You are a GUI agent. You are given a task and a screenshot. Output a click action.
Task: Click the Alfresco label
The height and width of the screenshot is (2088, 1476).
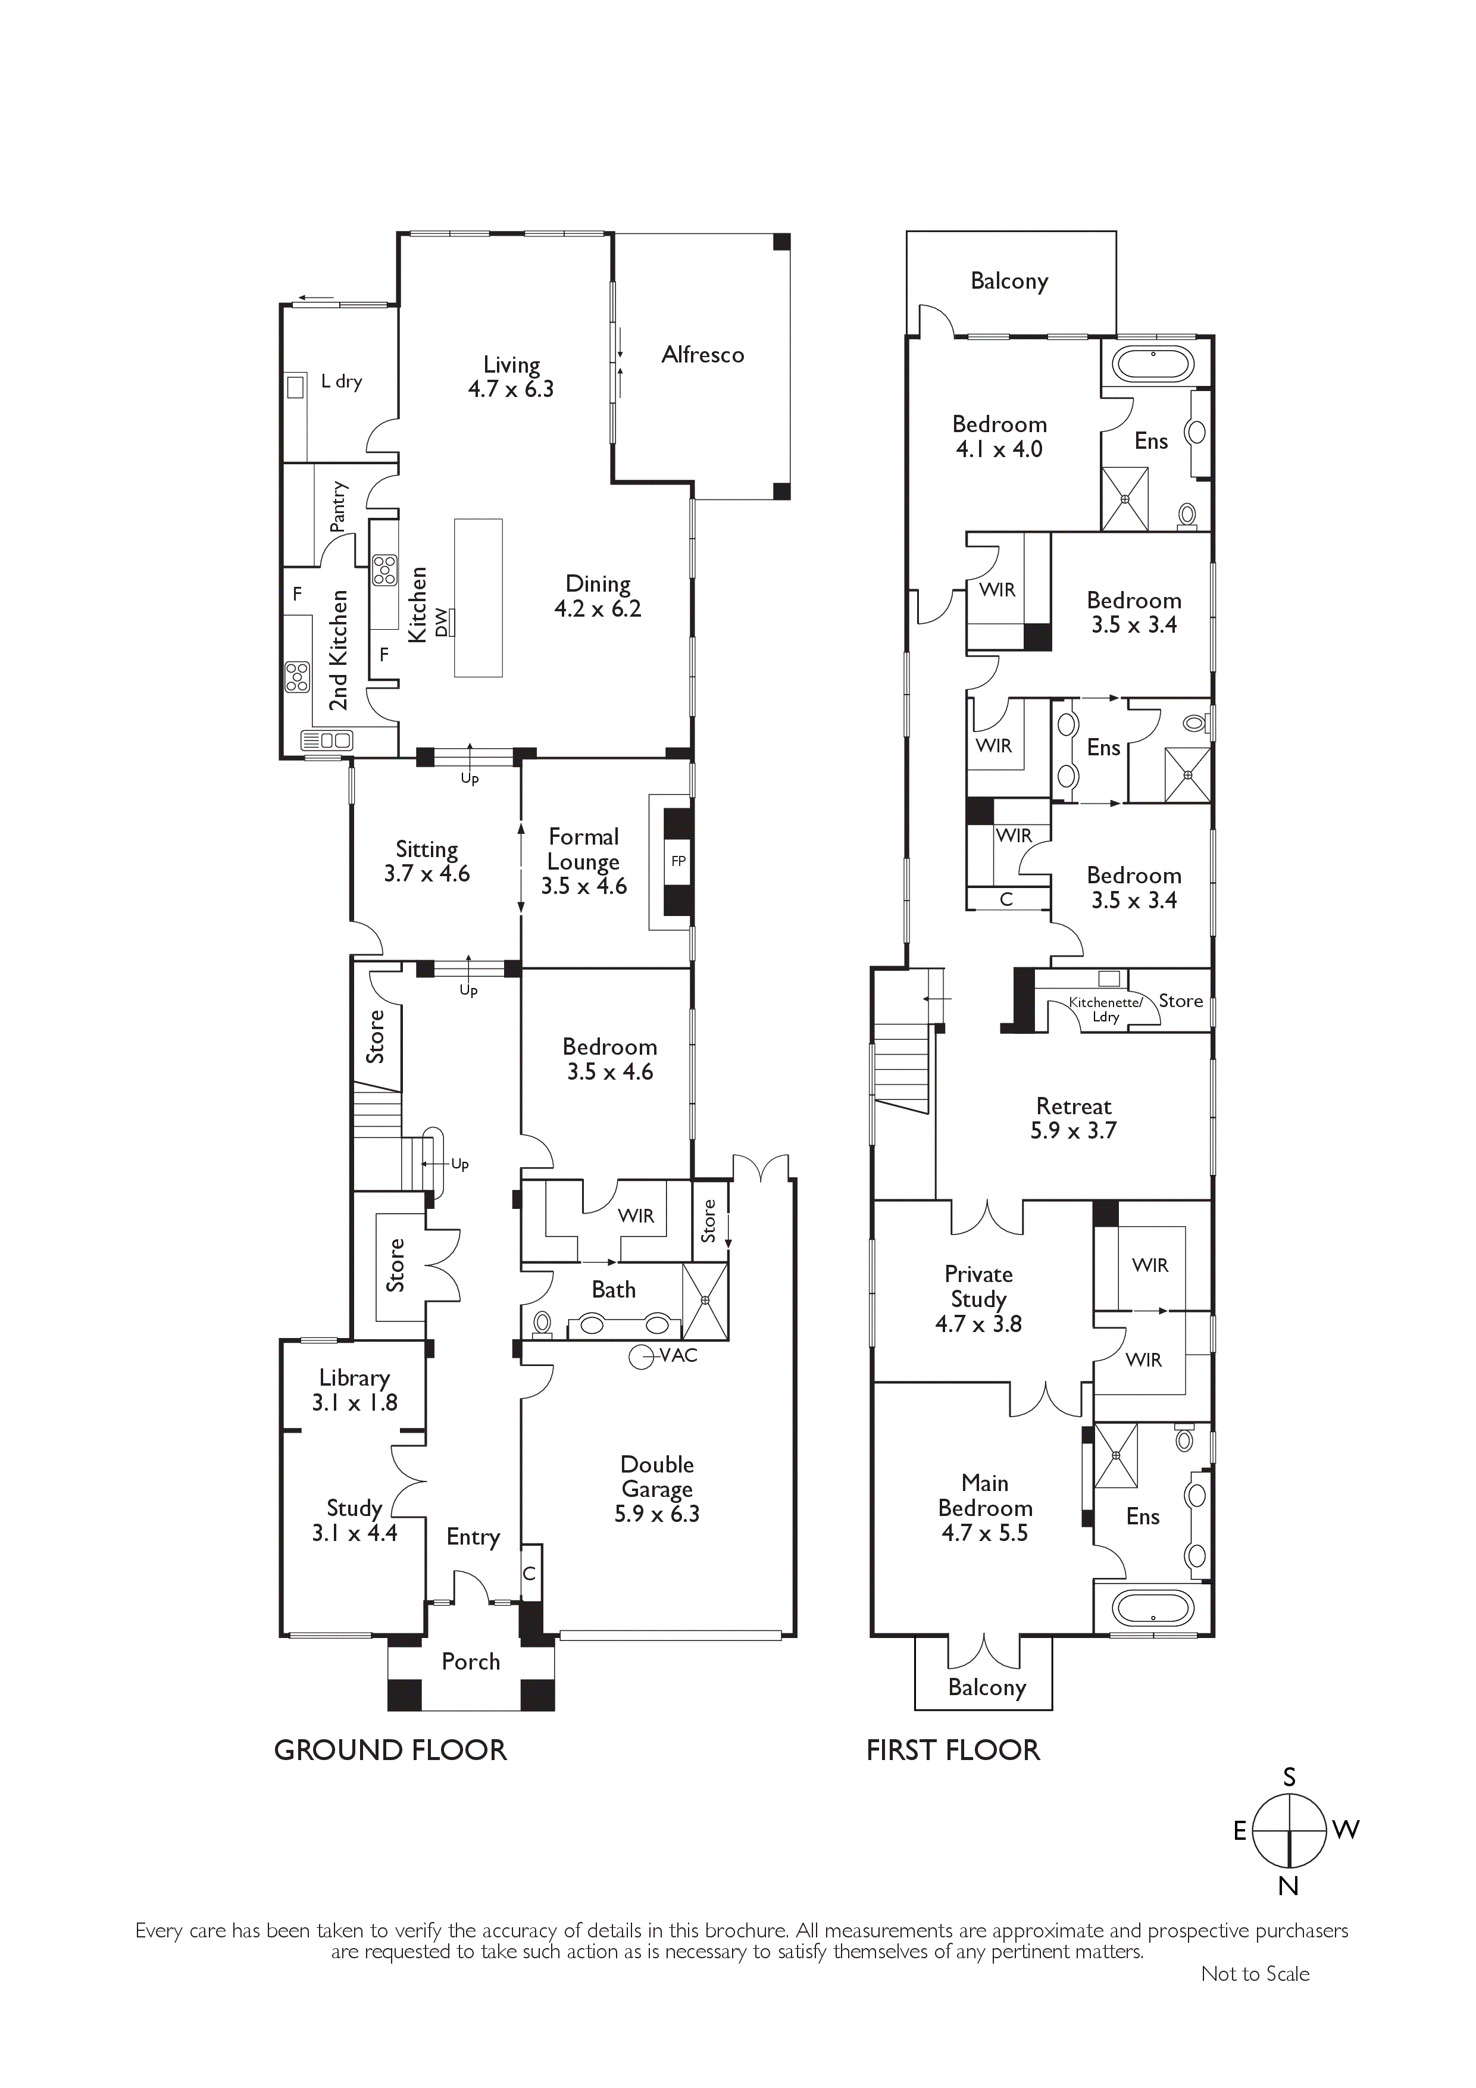pyautogui.click(x=703, y=355)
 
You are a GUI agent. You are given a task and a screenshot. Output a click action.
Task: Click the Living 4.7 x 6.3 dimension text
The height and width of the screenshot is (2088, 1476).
pyautogui.click(x=511, y=389)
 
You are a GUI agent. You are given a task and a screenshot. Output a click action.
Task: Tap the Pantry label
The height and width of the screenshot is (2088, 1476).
pyautogui.click(x=338, y=507)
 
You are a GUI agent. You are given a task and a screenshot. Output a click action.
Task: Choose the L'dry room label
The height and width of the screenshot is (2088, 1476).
pyautogui.click(x=342, y=382)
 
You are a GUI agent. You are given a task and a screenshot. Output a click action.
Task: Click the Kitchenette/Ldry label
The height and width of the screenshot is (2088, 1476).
pyautogui.click(x=1106, y=1009)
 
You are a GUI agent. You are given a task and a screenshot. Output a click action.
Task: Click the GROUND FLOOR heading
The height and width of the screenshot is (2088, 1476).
pyautogui.click(x=390, y=1751)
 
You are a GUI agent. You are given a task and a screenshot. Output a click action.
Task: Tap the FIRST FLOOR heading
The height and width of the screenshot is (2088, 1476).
pyautogui.click(x=953, y=1751)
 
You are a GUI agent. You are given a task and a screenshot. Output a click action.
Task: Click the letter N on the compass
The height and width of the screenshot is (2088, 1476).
pyautogui.click(x=1289, y=1886)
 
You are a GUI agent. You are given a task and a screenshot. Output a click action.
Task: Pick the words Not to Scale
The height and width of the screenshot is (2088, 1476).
pyautogui.click(x=1255, y=1973)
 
